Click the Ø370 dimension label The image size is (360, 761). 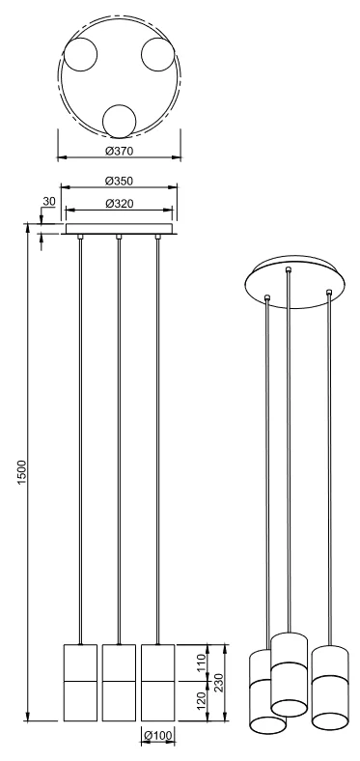(x=119, y=151)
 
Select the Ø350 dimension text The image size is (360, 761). (x=119, y=181)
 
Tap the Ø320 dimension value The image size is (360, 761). (x=119, y=204)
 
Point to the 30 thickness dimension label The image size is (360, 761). (x=49, y=201)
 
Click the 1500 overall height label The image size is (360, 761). (x=22, y=471)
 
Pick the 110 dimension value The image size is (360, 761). (x=202, y=662)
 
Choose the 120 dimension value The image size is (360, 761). (x=202, y=699)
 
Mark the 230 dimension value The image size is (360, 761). (x=218, y=681)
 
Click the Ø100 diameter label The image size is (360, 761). (x=157, y=736)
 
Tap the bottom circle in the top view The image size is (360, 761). (x=120, y=122)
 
